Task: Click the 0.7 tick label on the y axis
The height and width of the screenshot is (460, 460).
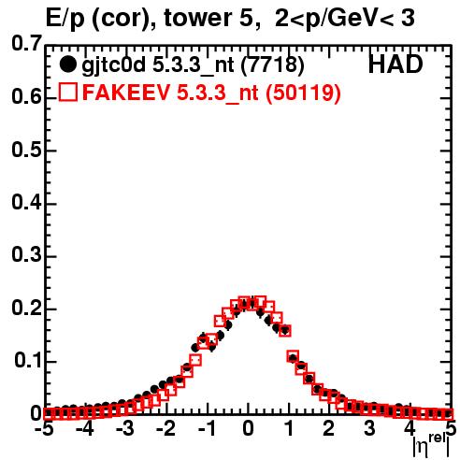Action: tap(26, 44)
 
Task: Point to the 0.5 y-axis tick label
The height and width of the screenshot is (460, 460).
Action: tap(26, 151)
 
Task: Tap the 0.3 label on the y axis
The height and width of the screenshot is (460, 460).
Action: tap(26, 255)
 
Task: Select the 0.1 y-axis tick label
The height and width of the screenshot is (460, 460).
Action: tap(28, 361)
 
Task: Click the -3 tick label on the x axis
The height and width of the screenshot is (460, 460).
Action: tap(125, 429)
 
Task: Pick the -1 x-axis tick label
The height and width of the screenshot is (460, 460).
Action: tap(208, 429)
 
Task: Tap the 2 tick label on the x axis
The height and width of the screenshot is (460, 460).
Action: tap(328, 429)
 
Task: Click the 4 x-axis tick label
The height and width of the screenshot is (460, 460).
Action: tap(410, 429)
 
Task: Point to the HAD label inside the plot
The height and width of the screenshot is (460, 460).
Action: tap(395, 65)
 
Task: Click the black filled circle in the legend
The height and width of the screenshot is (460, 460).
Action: tap(67, 65)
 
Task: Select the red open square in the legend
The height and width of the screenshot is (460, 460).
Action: tap(68, 92)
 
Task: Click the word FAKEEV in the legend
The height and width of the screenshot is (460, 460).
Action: tap(126, 93)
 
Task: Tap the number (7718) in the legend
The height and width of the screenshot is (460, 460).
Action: tap(272, 65)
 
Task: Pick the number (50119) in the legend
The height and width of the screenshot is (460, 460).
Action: tap(303, 93)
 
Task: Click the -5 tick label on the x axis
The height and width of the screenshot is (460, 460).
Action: tap(46, 429)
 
